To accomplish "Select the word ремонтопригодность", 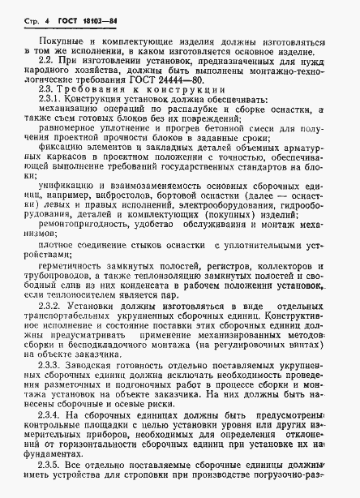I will (x=81, y=251).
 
